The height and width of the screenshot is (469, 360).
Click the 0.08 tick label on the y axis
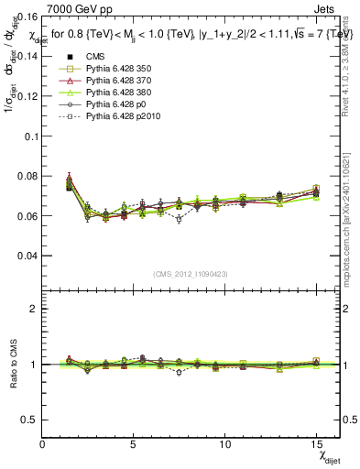27,176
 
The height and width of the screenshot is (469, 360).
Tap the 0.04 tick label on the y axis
27,256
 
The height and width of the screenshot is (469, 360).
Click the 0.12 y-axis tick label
27,95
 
